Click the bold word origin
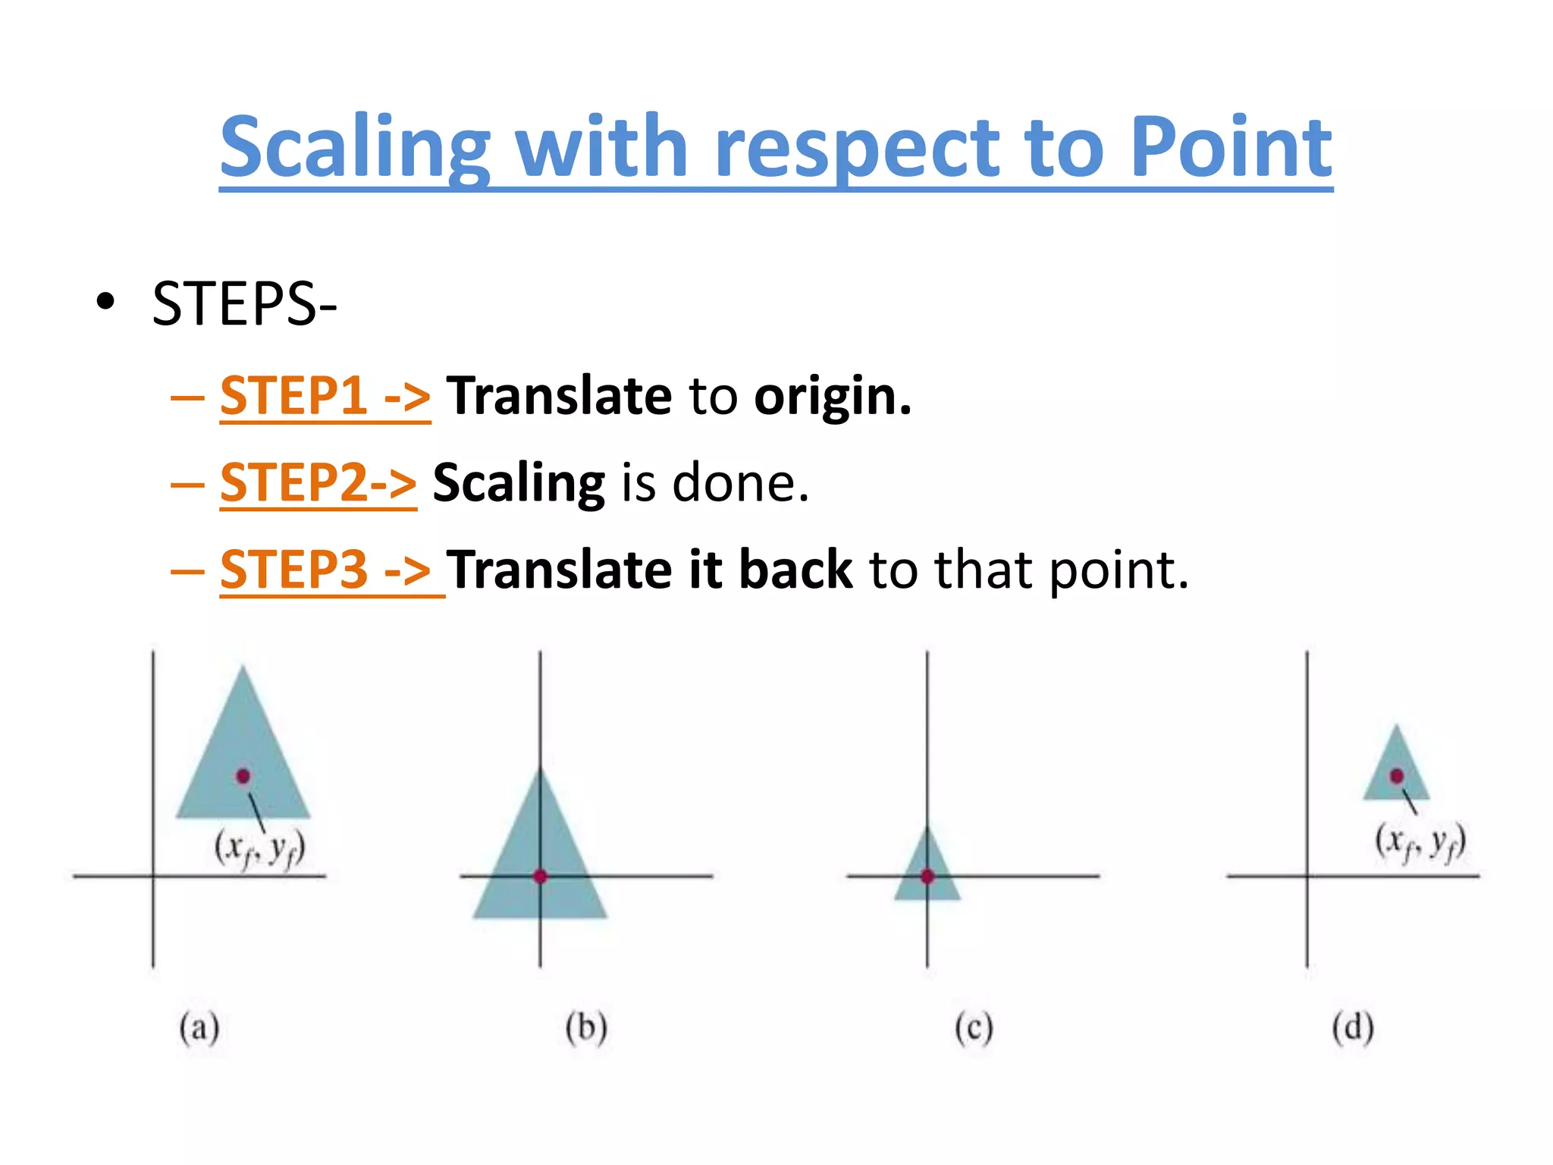(832, 397)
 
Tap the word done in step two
(739, 482)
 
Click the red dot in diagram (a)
(243, 776)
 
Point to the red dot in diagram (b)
(540, 876)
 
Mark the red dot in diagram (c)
(927, 876)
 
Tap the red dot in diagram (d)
(1397, 776)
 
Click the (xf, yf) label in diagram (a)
(260, 849)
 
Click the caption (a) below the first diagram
(199, 1028)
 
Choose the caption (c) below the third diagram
(974, 1028)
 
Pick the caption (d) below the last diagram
(1353, 1028)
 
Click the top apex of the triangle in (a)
(243, 669)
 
